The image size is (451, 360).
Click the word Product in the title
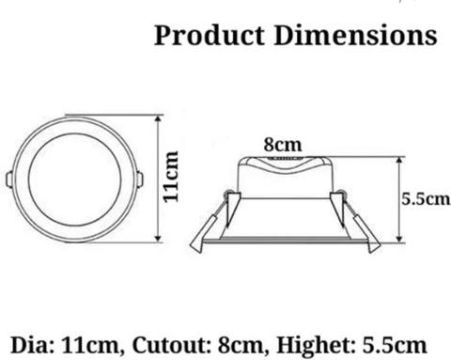(209, 35)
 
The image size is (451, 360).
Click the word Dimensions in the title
(355, 35)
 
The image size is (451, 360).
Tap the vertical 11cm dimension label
(171, 177)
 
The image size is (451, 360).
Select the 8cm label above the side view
(283, 145)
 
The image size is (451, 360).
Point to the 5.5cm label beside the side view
(426, 199)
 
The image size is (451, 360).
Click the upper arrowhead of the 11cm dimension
(159, 118)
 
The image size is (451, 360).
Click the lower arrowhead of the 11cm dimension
(159, 238)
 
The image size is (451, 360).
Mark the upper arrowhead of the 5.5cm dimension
(399, 161)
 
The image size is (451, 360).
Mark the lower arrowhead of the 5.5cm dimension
(399, 238)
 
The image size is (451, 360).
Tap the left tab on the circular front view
(8, 180)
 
